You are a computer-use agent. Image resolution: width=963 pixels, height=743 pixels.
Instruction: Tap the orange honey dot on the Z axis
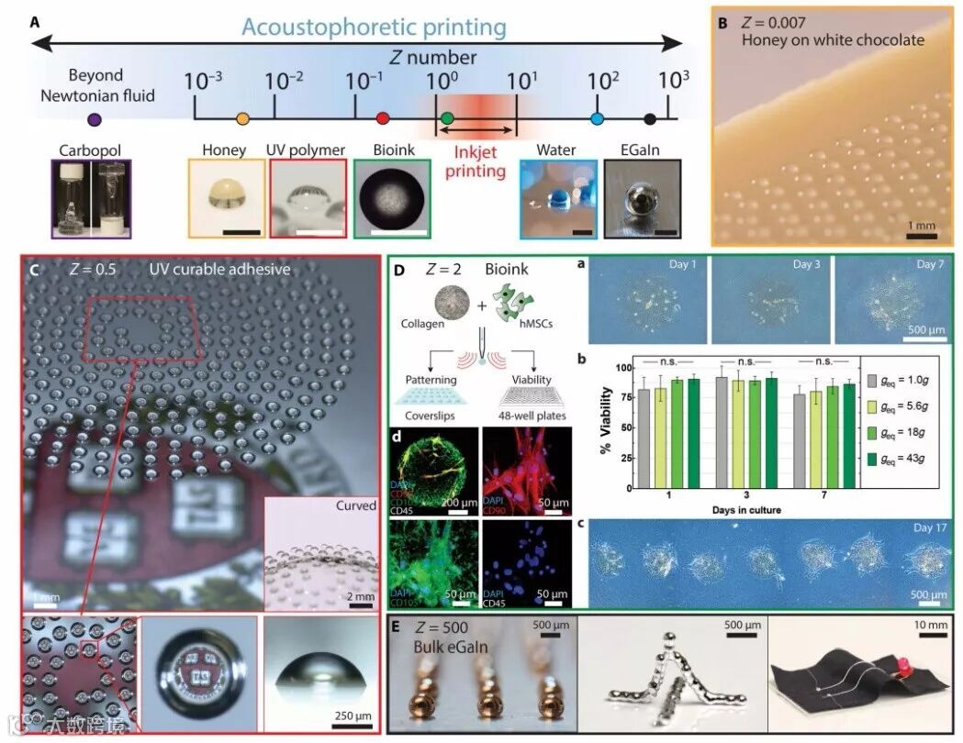242,118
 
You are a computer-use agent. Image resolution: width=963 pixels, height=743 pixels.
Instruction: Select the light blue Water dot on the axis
598,118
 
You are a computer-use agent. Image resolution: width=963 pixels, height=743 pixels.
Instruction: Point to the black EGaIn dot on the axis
650,118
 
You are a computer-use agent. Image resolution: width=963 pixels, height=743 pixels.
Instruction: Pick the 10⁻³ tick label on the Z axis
203,81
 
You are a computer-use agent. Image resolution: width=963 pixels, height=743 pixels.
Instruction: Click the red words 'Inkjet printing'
476,162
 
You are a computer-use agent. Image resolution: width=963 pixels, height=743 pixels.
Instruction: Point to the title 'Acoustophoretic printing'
375,27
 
